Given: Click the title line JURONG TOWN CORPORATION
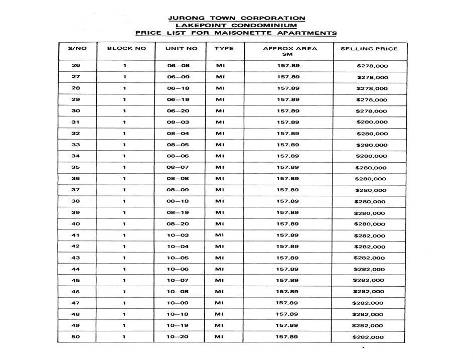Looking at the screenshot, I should click(x=236, y=18).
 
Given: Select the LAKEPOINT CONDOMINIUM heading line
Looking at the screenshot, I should click(x=236, y=26).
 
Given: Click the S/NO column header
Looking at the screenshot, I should click(x=77, y=49).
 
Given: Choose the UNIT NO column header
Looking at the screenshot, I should click(x=182, y=49).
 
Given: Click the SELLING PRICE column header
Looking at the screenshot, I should click(x=369, y=49).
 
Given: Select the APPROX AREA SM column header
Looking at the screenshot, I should click(x=290, y=51).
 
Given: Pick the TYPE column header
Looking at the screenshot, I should click(x=224, y=49).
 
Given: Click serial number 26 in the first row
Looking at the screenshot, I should click(x=76, y=66).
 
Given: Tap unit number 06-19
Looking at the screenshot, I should click(x=178, y=99).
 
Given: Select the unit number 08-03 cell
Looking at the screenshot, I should click(x=178, y=122).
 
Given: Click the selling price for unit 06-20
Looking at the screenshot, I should click(x=371, y=111).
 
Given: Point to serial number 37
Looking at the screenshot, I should click(x=76, y=190).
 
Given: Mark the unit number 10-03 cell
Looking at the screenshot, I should click(x=178, y=235).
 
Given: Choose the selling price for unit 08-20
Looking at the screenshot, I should click(x=370, y=224).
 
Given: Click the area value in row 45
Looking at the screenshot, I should click(x=287, y=280).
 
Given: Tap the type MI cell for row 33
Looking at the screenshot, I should click(x=220, y=145).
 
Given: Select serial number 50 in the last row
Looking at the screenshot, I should click(x=76, y=336).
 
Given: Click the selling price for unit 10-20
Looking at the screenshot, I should click(x=368, y=337).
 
